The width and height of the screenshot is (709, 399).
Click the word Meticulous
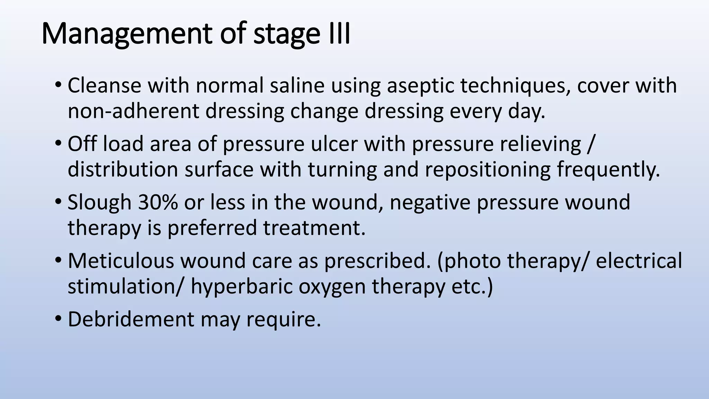coord(121,260)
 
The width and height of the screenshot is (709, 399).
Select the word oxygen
coord(332,287)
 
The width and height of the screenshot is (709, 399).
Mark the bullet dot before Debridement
coord(58,319)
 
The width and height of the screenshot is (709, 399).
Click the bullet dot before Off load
coord(58,144)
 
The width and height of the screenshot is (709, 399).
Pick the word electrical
coord(639,260)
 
